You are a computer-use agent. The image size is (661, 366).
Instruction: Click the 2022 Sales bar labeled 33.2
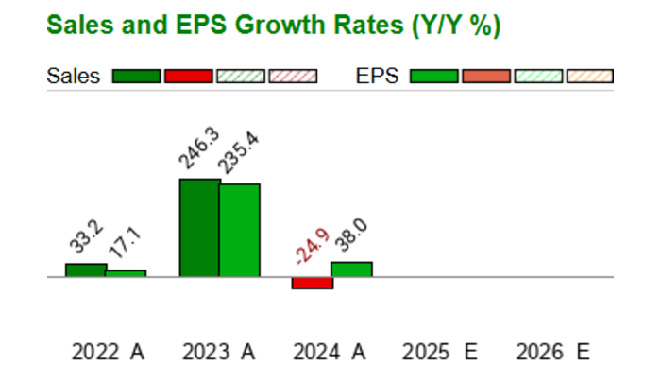[86, 270]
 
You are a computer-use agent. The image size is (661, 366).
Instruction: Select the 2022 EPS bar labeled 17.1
[126, 273]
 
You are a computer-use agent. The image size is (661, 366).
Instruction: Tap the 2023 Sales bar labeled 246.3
[200, 228]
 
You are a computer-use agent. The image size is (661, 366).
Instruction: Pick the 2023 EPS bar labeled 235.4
[240, 231]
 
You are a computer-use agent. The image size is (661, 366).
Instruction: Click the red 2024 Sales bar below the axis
[313, 283]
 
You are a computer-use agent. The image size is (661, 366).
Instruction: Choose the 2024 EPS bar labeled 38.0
[351, 270]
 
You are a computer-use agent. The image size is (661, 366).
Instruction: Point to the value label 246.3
[199, 148]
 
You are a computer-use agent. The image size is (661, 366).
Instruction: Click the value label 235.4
[239, 152]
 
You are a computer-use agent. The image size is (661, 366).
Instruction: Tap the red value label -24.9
[312, 246]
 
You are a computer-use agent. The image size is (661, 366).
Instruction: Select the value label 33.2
[86, 236]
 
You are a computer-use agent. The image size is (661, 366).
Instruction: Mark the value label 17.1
[125, 243]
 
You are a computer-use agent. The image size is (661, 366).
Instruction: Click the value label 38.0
[351, 235]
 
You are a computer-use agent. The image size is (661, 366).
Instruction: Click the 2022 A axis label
[108, 352]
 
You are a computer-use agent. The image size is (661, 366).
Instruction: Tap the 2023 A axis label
[218, 352]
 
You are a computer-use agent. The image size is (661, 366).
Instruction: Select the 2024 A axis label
[330, 352]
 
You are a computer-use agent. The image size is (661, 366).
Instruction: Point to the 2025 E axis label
[440, 352]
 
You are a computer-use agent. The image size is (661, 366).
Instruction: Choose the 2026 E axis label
[553, 352]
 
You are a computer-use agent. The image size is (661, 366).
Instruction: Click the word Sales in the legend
[74, 77]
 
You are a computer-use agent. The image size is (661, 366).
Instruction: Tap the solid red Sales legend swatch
[189, 77]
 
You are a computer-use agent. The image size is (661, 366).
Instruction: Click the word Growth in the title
[280, 25]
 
